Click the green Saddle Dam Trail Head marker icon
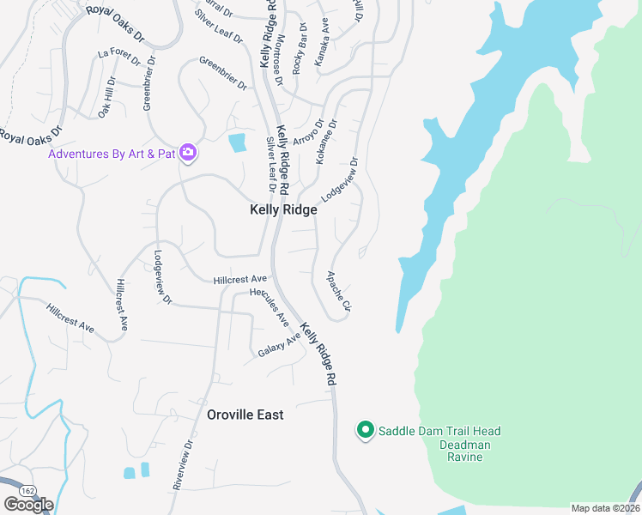[x=365, y=430]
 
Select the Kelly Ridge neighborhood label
[x=283, y=209]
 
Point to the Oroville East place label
[x=245, y=415]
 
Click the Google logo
[x=28, y=505]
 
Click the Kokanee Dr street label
[x=327, y=142]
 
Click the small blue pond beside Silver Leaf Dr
[x=237, y=143]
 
